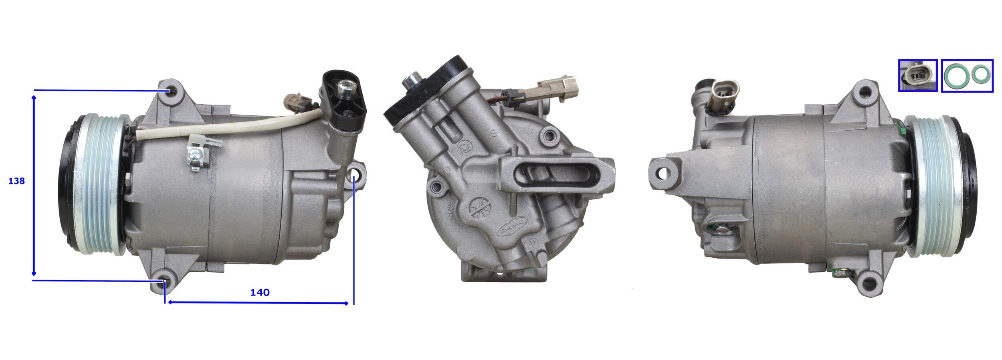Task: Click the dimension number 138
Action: [x=16, y=181]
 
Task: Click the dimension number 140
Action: [x=260, y=293]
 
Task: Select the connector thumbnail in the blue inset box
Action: [x=917, y=75]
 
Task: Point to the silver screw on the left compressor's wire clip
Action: [x=195, y=153]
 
